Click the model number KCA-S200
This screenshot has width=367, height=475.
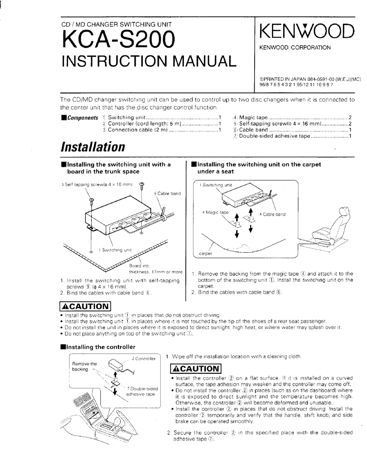click(118, 40)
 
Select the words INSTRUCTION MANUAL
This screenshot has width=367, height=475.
click(149, 61)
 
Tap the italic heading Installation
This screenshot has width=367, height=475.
click(93, 147)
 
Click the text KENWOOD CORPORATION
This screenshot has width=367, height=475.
click(295, 48)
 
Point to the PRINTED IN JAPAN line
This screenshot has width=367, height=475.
click(309, 79)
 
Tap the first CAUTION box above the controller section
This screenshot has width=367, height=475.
click(85, 306)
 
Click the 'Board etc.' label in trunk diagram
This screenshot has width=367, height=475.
click(139, 266)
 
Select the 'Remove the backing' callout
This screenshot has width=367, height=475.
click(85, 367)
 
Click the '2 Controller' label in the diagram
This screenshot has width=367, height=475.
click(143, 359)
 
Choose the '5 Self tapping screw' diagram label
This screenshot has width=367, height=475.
click(97, 185)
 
